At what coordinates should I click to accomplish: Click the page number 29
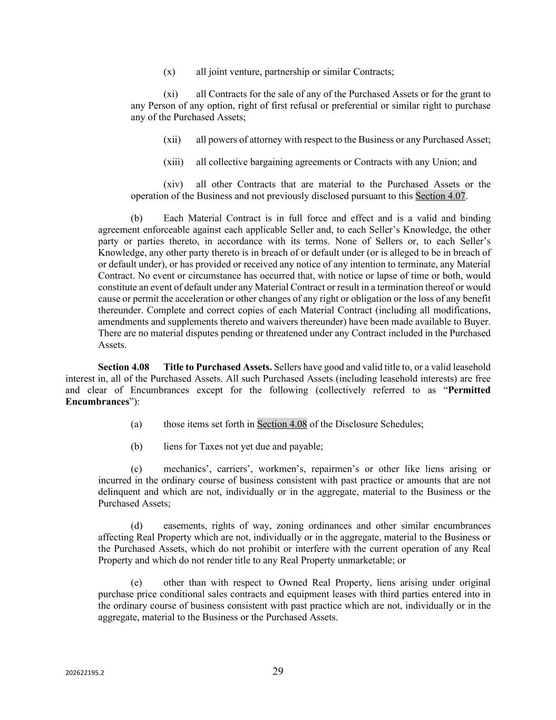278,671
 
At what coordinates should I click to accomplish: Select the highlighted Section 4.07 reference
440,196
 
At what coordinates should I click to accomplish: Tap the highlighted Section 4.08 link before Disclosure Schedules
282,424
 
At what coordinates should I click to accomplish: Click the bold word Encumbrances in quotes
97,401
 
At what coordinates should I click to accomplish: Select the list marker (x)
169,72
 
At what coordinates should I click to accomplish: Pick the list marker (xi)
170,94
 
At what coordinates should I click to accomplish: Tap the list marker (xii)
172,140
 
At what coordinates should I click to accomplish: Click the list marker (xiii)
173,162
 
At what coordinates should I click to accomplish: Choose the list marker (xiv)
173,185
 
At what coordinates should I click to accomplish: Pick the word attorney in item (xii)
266,140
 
